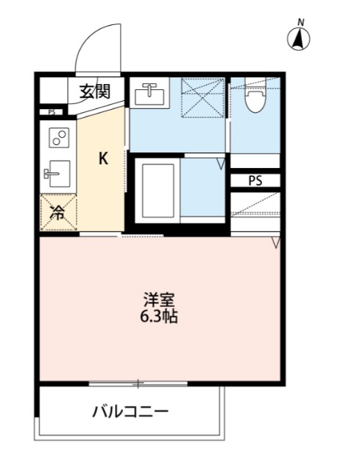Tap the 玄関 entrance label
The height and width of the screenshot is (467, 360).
click(95, 92)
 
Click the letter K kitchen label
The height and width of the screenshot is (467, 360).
click(104, 158)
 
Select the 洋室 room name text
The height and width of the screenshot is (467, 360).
click(158, 301)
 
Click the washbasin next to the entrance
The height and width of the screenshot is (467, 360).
click(150, 94)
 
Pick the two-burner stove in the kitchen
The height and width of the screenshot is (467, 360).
click(58, 138)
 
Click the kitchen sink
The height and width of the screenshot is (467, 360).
click(57, 175)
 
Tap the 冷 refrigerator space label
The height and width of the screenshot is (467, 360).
click(57, 212)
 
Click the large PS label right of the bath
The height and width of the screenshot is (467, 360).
click(254, 180)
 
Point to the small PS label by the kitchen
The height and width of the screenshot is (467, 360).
click(51, 112)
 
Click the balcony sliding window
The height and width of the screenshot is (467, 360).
click(138, 383)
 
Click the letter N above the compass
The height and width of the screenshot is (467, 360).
click(300, 22)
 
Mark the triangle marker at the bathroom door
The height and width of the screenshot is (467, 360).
click(220, 164)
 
